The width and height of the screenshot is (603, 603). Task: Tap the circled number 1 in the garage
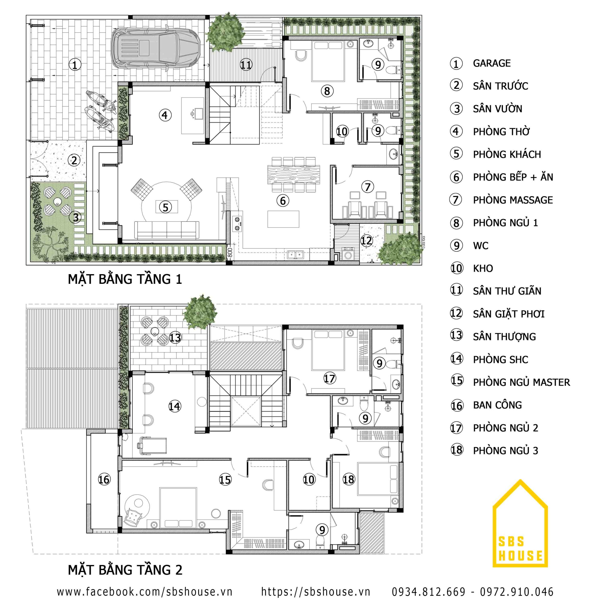pos(75,65)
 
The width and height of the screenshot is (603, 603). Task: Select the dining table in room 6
pos(293,174)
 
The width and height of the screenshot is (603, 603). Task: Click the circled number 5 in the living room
pos(166,207)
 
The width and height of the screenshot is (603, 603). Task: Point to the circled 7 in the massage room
pos(368,187)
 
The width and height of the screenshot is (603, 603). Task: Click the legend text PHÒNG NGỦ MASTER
pos(521,382)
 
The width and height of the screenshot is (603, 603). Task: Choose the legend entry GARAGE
pos(492,63)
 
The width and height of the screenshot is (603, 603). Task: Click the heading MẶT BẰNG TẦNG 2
pos(125,570)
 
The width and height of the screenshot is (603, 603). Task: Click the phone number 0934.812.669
pos(428,592)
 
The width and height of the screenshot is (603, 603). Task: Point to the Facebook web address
pos(144,592)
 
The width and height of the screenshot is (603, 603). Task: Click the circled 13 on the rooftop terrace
pos(175,337)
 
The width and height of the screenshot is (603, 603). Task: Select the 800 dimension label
pos(230,252)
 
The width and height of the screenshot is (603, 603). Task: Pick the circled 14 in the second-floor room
pos(175,406)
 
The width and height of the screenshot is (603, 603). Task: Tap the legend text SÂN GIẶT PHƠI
pos(509,314)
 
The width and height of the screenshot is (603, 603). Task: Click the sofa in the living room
pos(167,230)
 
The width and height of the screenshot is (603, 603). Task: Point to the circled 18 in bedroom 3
pos(349,479)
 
